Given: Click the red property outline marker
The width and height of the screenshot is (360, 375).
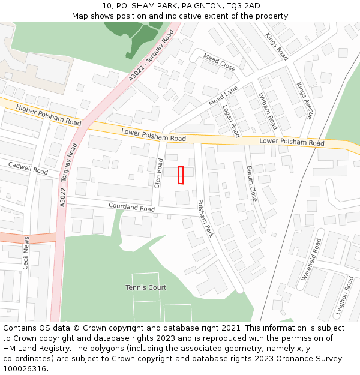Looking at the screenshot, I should click(x=181, y=175).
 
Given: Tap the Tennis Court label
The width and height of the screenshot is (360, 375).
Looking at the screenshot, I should click(x=146, y=287).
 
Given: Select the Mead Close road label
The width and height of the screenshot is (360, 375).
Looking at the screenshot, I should click(x=219, y=61).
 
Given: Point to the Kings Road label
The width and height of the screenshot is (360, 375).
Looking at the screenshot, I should click(x=277, y=46).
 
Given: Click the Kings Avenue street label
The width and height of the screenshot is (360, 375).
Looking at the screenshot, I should click(x=305, y=101).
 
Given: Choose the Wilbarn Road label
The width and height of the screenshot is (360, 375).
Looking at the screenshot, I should click(x=267, y=111).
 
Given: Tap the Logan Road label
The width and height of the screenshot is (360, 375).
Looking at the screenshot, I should click(x=231, y=121).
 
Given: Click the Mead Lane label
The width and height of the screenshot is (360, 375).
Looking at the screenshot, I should click(x=223, y=96).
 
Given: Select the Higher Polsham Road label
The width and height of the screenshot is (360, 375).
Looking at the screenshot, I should click(x=49, y=115).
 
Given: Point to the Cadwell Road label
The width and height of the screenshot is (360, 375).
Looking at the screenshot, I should click(x=28, y=167).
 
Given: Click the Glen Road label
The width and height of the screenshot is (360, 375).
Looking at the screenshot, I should click(x=159, y=173).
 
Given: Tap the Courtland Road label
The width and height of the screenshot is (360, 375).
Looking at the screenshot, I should click(x=131, y=207).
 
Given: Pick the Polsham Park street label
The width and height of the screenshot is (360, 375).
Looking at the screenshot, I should click(x=205, y=218).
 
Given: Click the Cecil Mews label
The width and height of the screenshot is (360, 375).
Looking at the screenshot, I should click(x=26, y=253).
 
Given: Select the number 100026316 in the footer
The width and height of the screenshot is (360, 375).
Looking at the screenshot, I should click(x=24, y=368).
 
